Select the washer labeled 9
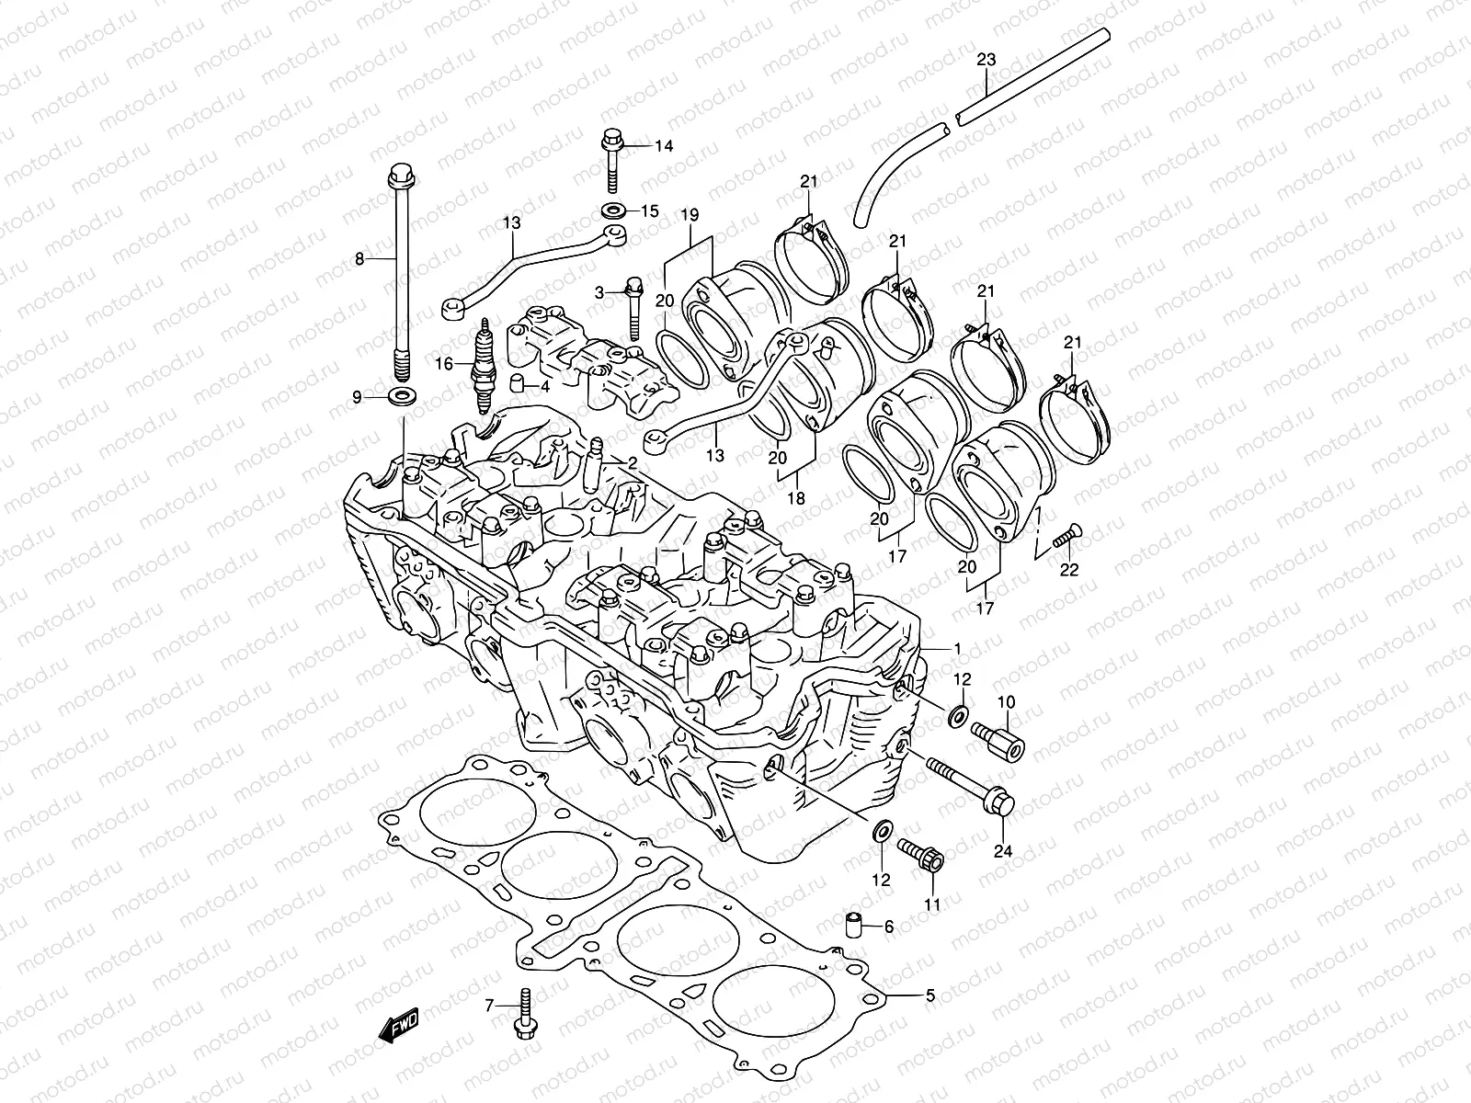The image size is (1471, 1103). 401,397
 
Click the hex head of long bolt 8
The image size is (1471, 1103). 424,172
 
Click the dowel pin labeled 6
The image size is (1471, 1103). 854,926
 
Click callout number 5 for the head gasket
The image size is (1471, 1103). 929,995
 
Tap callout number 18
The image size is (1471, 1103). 796,498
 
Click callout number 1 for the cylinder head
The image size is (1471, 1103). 957,648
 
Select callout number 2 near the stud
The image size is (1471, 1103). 633,461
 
